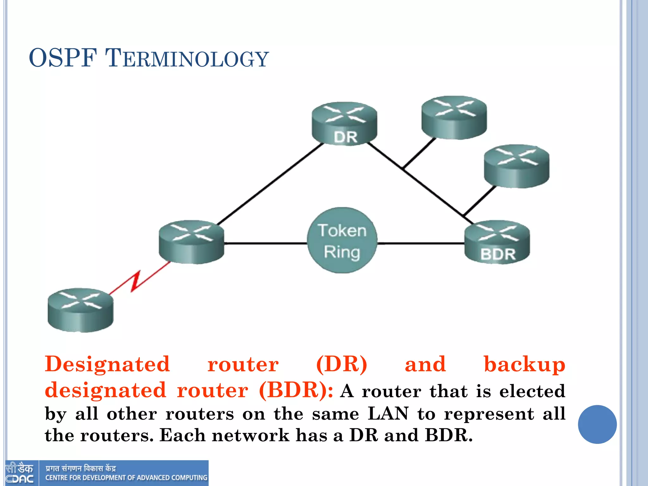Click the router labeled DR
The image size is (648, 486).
(344, 124)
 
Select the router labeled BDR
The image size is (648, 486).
(497, 242)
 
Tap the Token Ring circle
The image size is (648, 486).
(342, 240)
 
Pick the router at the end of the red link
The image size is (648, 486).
(80, 310)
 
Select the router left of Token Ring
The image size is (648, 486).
(191, 242)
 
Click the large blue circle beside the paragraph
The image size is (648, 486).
(597, 424)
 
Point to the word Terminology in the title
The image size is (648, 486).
(187, 58)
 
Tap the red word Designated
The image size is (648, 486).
(108, 364)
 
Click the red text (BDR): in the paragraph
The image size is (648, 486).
(296, 390)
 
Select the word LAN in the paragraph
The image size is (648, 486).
(388, 414)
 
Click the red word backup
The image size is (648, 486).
(524, 365)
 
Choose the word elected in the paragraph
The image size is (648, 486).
(532, 391)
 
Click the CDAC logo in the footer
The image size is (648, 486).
(20, 473)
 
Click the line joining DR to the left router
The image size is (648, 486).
(269, 184)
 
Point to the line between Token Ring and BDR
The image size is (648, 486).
(421, 243)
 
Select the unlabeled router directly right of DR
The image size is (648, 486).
(454, 117)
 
